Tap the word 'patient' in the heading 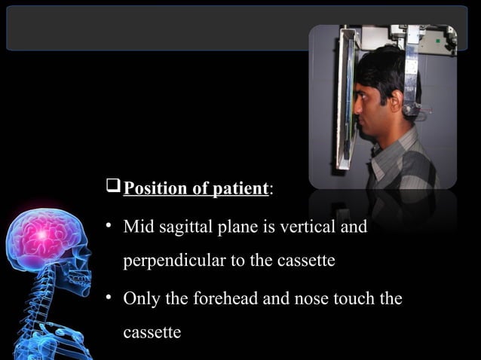click(x=238, y=188)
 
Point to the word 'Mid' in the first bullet click(x=136, y=225)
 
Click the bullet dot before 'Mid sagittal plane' click(x=109, y=224)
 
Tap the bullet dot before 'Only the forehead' click(x=109, y=298)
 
